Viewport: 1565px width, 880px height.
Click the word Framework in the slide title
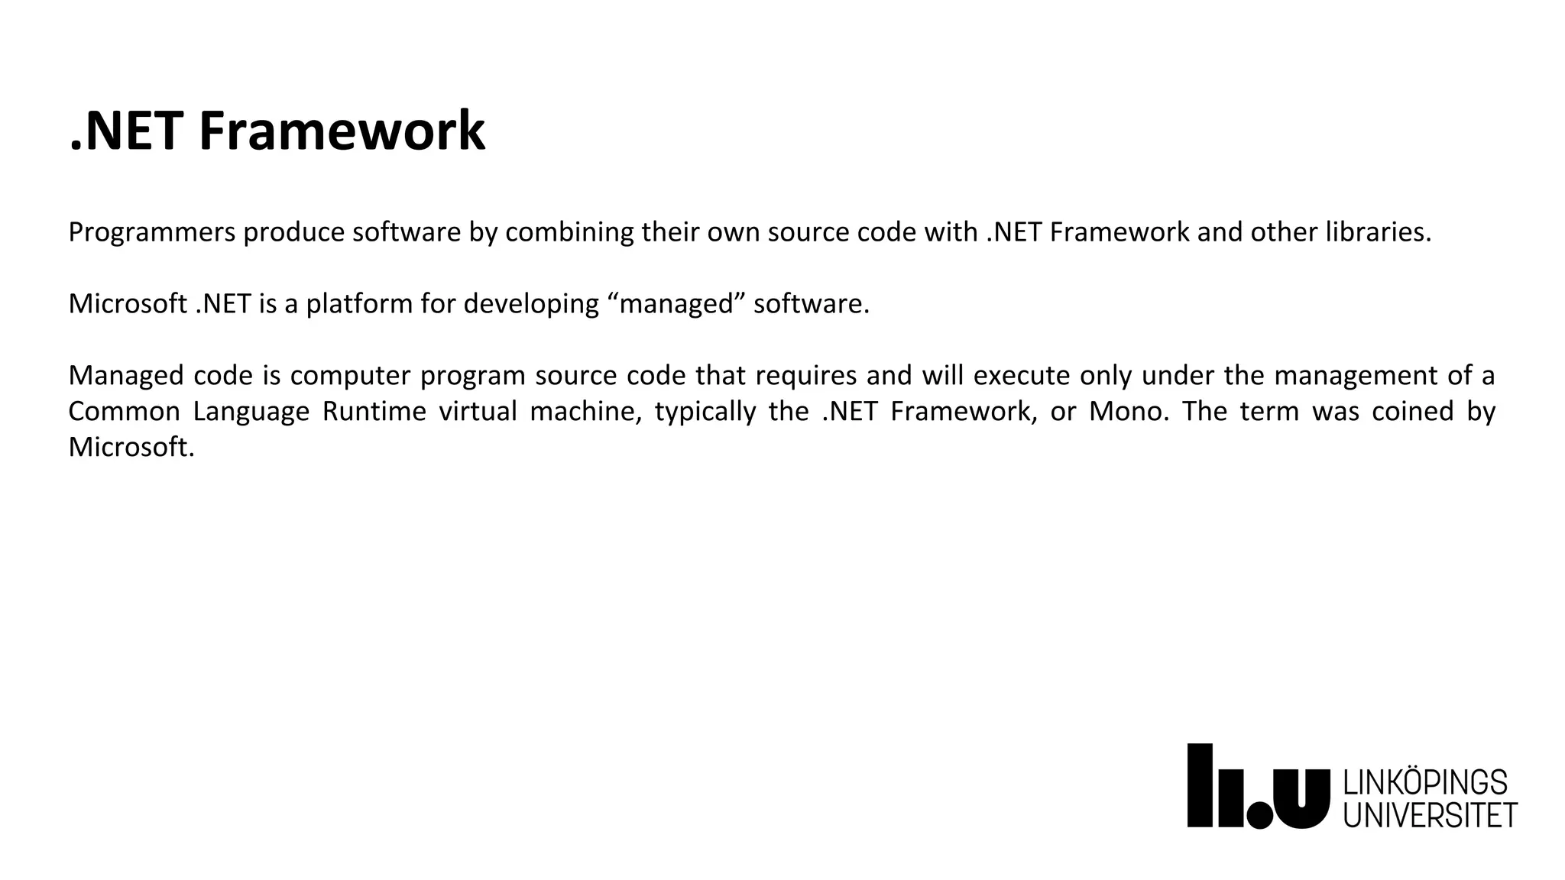pyautogui.click(x=342, y=131)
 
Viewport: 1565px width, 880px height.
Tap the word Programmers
pyautogui.click(x=152, y=232)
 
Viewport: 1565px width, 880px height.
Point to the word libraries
pyautogui.click(x=1378, y=232)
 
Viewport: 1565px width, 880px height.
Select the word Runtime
pyautogui.click(x=374, y=412)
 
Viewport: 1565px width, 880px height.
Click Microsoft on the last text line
pyautogui.click(x=131, y=448)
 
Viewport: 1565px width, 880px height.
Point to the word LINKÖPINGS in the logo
pyautogui.click(x=1425, y=783)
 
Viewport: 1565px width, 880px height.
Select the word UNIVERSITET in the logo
pyautogui.click(x=1430, y=815)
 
